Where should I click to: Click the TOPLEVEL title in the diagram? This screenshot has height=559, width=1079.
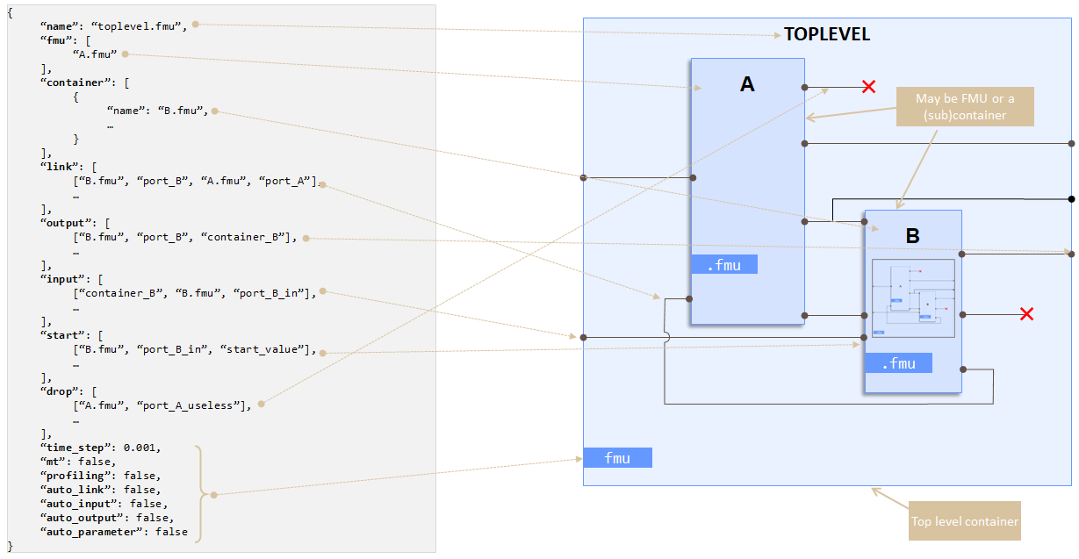click(827, 35)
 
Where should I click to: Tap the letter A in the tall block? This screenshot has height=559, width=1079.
click(747, 84)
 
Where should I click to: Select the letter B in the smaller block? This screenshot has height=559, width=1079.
click(912, 236)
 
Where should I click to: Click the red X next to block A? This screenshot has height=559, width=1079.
click(868, 87)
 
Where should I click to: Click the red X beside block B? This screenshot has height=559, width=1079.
click(1025, 314)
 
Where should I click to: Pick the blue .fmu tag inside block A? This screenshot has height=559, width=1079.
click(723, 264)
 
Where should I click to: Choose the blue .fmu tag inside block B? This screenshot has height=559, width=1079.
click(898, 363)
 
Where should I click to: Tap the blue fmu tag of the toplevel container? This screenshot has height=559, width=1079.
click(617, 457)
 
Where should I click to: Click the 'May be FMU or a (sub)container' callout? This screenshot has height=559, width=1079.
click(964, 107)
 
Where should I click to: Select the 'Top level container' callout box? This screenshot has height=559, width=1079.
click(964, 521)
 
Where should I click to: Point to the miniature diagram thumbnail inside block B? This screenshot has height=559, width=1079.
click(912, 298)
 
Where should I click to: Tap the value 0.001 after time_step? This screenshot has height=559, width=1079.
click(142, 448)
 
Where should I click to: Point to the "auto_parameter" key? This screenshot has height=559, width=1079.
click(86, 532)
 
